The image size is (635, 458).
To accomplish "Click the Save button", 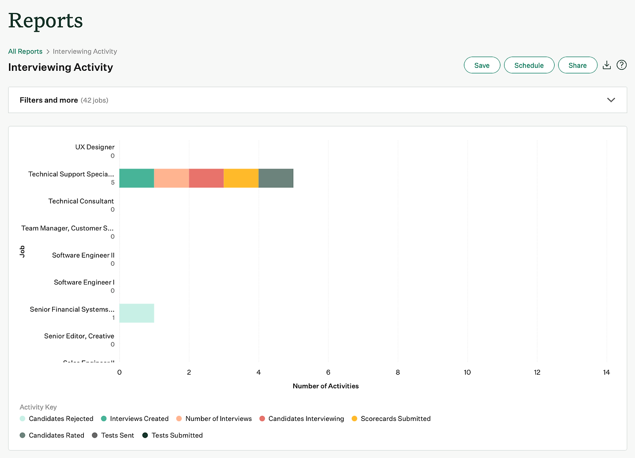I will tap(482, 65).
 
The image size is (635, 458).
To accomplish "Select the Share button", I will tap(577, 65).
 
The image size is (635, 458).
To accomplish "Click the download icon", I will tap(606, 65).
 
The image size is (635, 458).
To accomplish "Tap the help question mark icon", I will tap(622, 65).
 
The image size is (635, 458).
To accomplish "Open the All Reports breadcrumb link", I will tap(25, 52).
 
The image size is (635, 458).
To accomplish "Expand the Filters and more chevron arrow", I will tap(611, 100).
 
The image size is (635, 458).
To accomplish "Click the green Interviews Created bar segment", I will tap(136, 178).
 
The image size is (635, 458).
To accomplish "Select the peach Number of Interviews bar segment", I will tap(172, 178).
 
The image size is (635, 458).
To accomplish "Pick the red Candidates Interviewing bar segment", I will tap(206, 178).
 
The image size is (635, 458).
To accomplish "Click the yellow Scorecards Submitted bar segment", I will tap(241, 178).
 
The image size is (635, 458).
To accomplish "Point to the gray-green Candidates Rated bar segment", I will tap(276, 178).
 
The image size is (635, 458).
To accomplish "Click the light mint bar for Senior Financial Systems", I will tap(136, 313).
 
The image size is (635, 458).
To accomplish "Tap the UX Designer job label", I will tap(95, 147).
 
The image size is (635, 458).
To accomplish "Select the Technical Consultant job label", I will tap(81, 201).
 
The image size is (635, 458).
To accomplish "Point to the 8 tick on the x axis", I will tap(398, 372).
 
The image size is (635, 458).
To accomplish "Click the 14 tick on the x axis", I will tap(606, 372).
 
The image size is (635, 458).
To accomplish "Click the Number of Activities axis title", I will tap(325, 386).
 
